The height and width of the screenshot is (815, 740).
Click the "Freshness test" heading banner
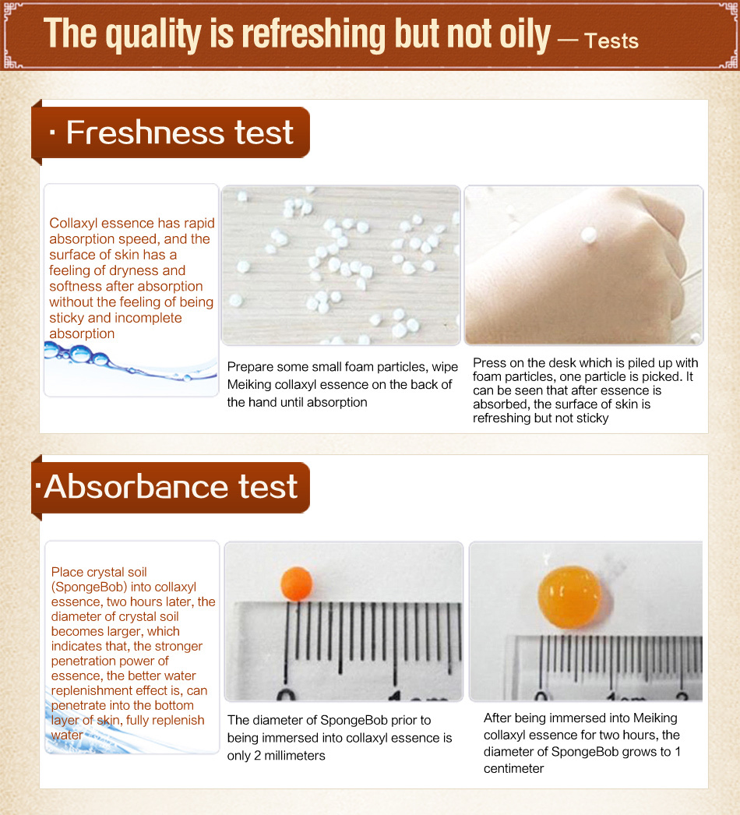point(171,132)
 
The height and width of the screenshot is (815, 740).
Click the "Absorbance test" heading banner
point(171,487)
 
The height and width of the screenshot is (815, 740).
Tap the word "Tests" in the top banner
point(611,41)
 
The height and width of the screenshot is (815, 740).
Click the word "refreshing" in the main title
point(313,34)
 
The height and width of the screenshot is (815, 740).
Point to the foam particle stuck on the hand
point(589,235)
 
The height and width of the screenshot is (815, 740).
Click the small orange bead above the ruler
point(297,584)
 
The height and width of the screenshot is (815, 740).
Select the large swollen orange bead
point(569,597)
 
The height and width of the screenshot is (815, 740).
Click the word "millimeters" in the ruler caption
point(294,756)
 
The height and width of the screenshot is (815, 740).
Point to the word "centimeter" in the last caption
point(513,769)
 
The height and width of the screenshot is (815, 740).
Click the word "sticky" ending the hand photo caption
point(592,418)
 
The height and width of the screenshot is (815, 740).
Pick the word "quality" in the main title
point(153,35)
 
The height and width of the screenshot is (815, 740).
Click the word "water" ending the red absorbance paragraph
point(67,735)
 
